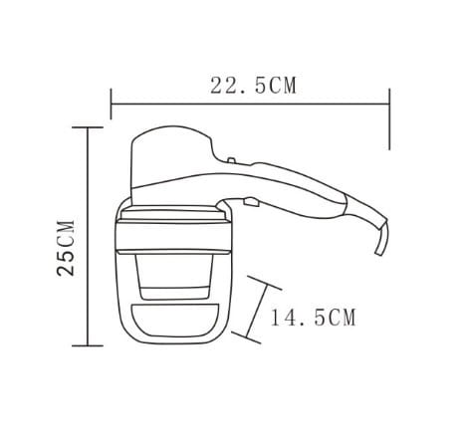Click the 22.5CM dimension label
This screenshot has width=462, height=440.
pos(253,86)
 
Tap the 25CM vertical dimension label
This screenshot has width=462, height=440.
pos(66,247)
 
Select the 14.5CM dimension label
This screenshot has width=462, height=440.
pos(314,318)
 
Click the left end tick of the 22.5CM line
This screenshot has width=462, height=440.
pos(112,104)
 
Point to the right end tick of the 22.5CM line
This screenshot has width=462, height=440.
pos(389,119)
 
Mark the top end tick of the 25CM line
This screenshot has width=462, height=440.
pos(88,127)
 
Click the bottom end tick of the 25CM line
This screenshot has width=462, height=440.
pos(88,345)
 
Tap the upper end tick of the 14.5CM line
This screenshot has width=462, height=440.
pos(265,283)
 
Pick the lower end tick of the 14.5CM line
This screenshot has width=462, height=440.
pos(246,337)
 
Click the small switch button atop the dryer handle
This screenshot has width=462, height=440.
pos(232,160)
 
